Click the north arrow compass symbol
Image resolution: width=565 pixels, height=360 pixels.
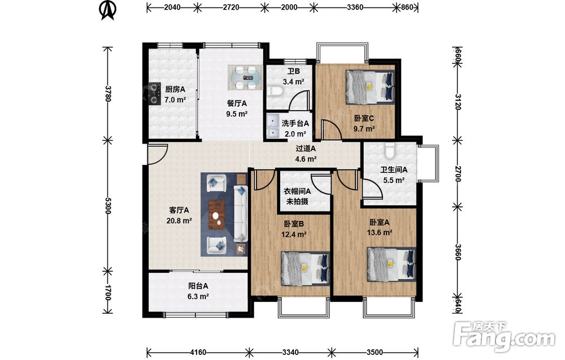pos(107,10)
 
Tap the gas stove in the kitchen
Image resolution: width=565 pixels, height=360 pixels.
pos(155,94)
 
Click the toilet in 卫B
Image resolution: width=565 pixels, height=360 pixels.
pos(275,91)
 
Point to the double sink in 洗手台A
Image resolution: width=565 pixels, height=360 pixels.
pos(273,126)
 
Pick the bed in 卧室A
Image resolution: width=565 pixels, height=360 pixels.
pos(392,264)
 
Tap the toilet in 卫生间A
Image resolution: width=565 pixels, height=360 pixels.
pos(390,151)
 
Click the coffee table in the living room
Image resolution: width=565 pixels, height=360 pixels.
pos(217,215)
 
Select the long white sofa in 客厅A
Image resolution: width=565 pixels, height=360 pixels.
pos(241,213)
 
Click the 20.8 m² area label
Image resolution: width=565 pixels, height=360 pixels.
pos(179,220)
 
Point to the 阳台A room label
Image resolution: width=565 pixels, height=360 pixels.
pos(198,286)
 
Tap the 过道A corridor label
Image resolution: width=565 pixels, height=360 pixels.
pos(306,148)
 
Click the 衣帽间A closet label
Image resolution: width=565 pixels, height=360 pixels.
pos(297,191)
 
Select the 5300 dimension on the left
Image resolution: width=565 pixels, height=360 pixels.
pos(107,205)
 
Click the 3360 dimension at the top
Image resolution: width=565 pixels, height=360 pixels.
pos(355,7)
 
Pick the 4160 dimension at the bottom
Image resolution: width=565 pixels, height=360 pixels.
pos(198,352)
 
